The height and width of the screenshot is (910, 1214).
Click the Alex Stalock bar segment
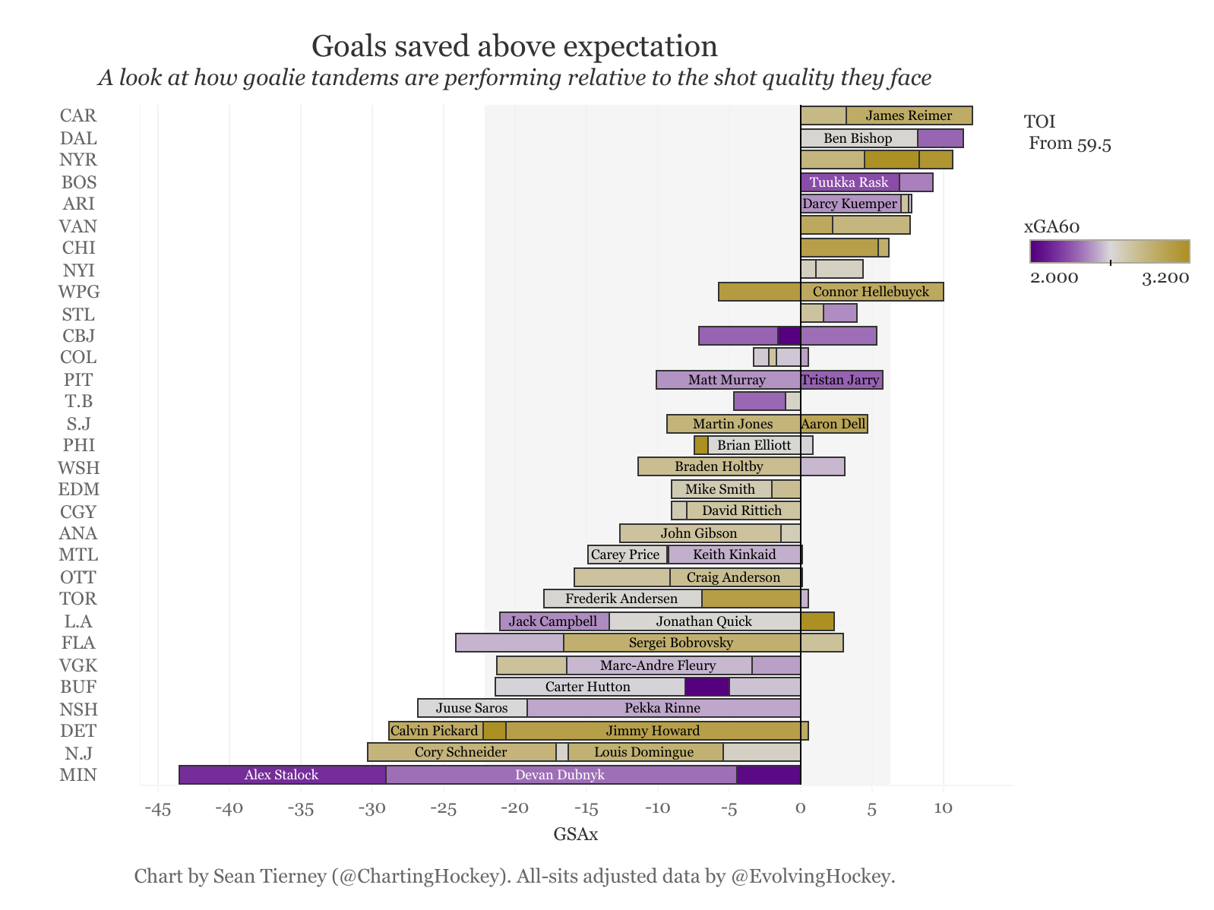282,775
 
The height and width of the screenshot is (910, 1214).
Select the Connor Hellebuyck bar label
871,292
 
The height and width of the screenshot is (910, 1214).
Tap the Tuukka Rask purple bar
849,182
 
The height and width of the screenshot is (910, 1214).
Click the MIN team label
78,775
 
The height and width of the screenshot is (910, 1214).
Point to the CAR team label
78,115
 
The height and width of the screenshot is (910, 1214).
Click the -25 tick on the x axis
444,808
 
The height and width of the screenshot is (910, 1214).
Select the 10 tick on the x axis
943,808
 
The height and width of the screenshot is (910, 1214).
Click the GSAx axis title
575,835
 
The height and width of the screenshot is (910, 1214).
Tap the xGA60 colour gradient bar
1109,251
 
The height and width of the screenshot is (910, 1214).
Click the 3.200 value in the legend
1165,278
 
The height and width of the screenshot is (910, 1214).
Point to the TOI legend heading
1039,122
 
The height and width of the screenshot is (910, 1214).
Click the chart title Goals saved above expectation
514,46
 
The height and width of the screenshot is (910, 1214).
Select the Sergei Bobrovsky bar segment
681,643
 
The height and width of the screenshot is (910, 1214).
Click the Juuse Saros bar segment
472,708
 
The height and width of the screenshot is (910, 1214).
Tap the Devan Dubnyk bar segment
560,775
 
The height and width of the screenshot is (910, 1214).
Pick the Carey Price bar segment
626,555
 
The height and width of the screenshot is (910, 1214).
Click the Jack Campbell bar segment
553,621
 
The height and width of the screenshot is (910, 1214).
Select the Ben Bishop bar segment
858,138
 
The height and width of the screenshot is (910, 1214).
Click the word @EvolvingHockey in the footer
813,877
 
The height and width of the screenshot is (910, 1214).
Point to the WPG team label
78,292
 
